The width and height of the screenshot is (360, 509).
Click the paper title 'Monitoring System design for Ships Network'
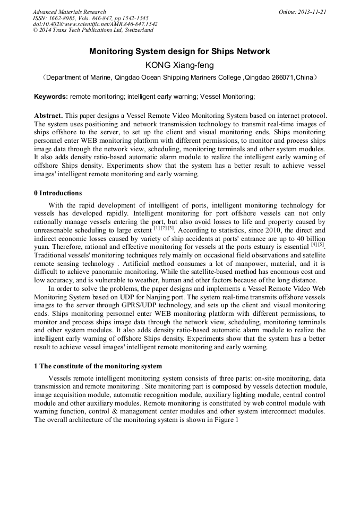click(x=179, y=51)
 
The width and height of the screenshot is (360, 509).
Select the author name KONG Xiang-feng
click(x=179, y=65)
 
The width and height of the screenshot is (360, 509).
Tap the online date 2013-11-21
click(x=313, y=12)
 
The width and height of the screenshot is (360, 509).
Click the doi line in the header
click(x=95, y=24)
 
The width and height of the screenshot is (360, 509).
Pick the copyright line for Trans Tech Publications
click(x=93, y=30)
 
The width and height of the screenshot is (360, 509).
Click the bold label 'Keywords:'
click(x=51, y=97)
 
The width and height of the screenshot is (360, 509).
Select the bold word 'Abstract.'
click(x=48, y=116)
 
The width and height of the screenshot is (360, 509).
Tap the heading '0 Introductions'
click(x=58, y=193)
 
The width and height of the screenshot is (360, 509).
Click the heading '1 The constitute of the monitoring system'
click(x=98, y=366)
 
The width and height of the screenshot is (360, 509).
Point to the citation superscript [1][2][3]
click(x=164, y=229)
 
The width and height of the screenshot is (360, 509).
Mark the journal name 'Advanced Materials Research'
click(x=69, y=12)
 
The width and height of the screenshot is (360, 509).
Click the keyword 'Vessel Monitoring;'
click(x=213, y=97)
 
